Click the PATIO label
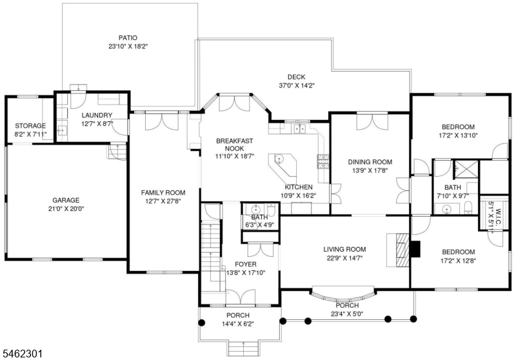tap(128, 38)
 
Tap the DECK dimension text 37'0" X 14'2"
tap(297, 86)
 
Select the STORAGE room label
tap(30, 126)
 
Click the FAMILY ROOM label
tap(163, 192)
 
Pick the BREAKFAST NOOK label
tap(235, 145)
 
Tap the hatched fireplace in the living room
tap(402, 250)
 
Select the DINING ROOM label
tap(370, 162)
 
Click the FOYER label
tap(246, 265)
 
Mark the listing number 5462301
tap(23, 354)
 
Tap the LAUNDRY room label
tap(97, 115)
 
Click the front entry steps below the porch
tap(244, 349)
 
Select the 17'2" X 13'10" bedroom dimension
tap(458, 135)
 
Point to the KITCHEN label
tap(299, 187)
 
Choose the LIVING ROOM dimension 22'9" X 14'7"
tap(344, 258)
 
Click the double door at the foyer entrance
tap(241, 297)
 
